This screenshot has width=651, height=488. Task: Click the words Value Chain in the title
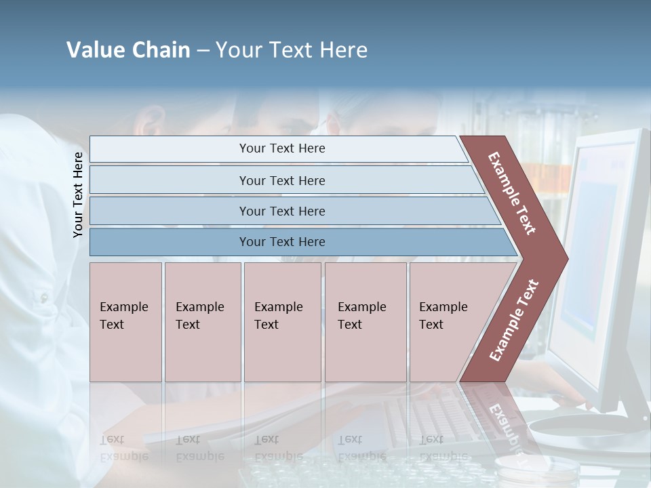[128, 50]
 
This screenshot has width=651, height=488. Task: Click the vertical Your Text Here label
[78, 195]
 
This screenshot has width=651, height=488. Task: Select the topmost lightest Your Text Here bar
[281, 148]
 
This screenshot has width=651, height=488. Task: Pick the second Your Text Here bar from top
[281, 180]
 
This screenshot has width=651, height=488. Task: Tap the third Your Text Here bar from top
[281, 211]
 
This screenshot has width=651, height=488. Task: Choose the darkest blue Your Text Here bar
[281, 242]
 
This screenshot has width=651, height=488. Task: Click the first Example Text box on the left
[125, 322]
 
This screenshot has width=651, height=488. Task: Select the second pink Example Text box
[202, 322]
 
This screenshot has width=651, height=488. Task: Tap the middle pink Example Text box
[282, 322]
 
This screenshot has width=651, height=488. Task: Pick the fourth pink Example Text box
[365, 322]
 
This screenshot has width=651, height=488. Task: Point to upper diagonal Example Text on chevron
[512, 193]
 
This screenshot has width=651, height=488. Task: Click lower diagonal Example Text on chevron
[514, 321]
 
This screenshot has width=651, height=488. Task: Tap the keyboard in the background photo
[434, 413]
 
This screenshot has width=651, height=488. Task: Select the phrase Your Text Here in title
[292, 50]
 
